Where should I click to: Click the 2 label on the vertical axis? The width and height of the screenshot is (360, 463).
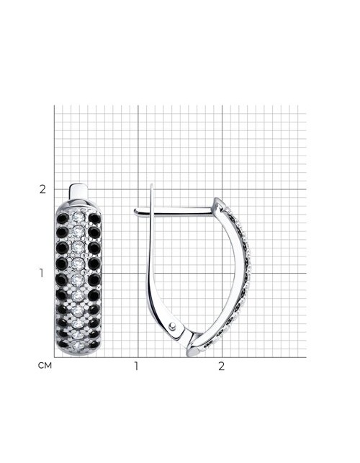point(42,189)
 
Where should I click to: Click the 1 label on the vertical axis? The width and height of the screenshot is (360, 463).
point(42,274)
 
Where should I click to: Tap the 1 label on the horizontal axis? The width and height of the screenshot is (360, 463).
point(136,366)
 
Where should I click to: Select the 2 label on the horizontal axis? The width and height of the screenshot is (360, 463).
point(221,366)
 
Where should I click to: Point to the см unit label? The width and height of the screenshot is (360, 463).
point(45,366)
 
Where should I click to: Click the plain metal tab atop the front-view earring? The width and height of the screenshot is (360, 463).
point(79,192)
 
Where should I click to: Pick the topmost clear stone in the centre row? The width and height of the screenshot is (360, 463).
point(78,217)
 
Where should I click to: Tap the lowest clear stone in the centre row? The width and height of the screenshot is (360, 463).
point(78,345)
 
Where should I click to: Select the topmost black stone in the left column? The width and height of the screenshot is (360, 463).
point(63,219)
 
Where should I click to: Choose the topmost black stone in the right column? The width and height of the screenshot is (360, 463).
point(94,219)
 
